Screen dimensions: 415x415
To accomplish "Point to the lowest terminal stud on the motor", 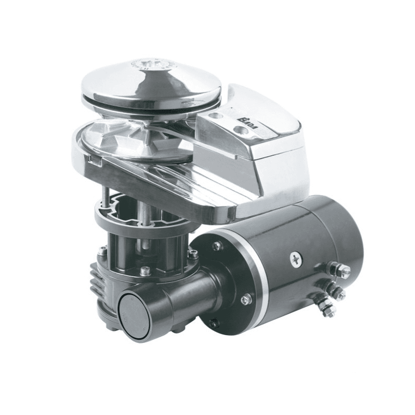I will [x=327, y=311].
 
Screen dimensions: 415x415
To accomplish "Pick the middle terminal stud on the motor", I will [x=338, y=294].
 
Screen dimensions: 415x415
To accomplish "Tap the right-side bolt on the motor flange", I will [x=246, y=298].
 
